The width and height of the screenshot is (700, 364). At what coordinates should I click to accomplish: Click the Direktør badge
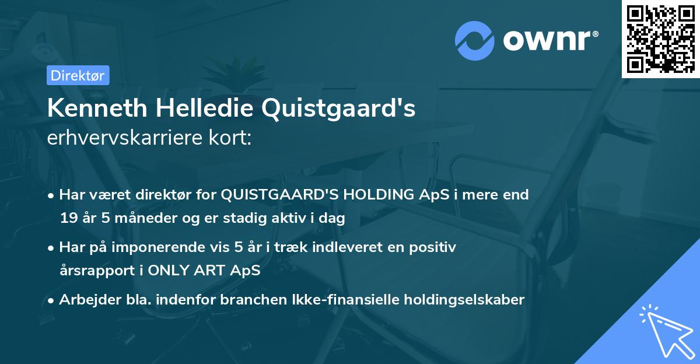tap(78, 75)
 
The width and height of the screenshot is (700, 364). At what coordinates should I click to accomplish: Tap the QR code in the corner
tap(660, 38)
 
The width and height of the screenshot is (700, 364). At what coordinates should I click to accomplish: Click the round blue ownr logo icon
tap(474, 40)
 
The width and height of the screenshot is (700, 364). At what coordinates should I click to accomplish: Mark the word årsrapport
tap(94, 271)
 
